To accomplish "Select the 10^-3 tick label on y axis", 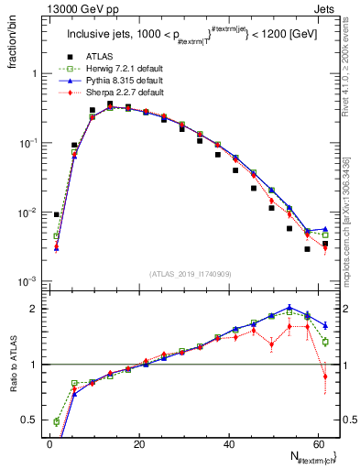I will [27, 281].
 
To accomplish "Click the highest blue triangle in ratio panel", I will [289, 308].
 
